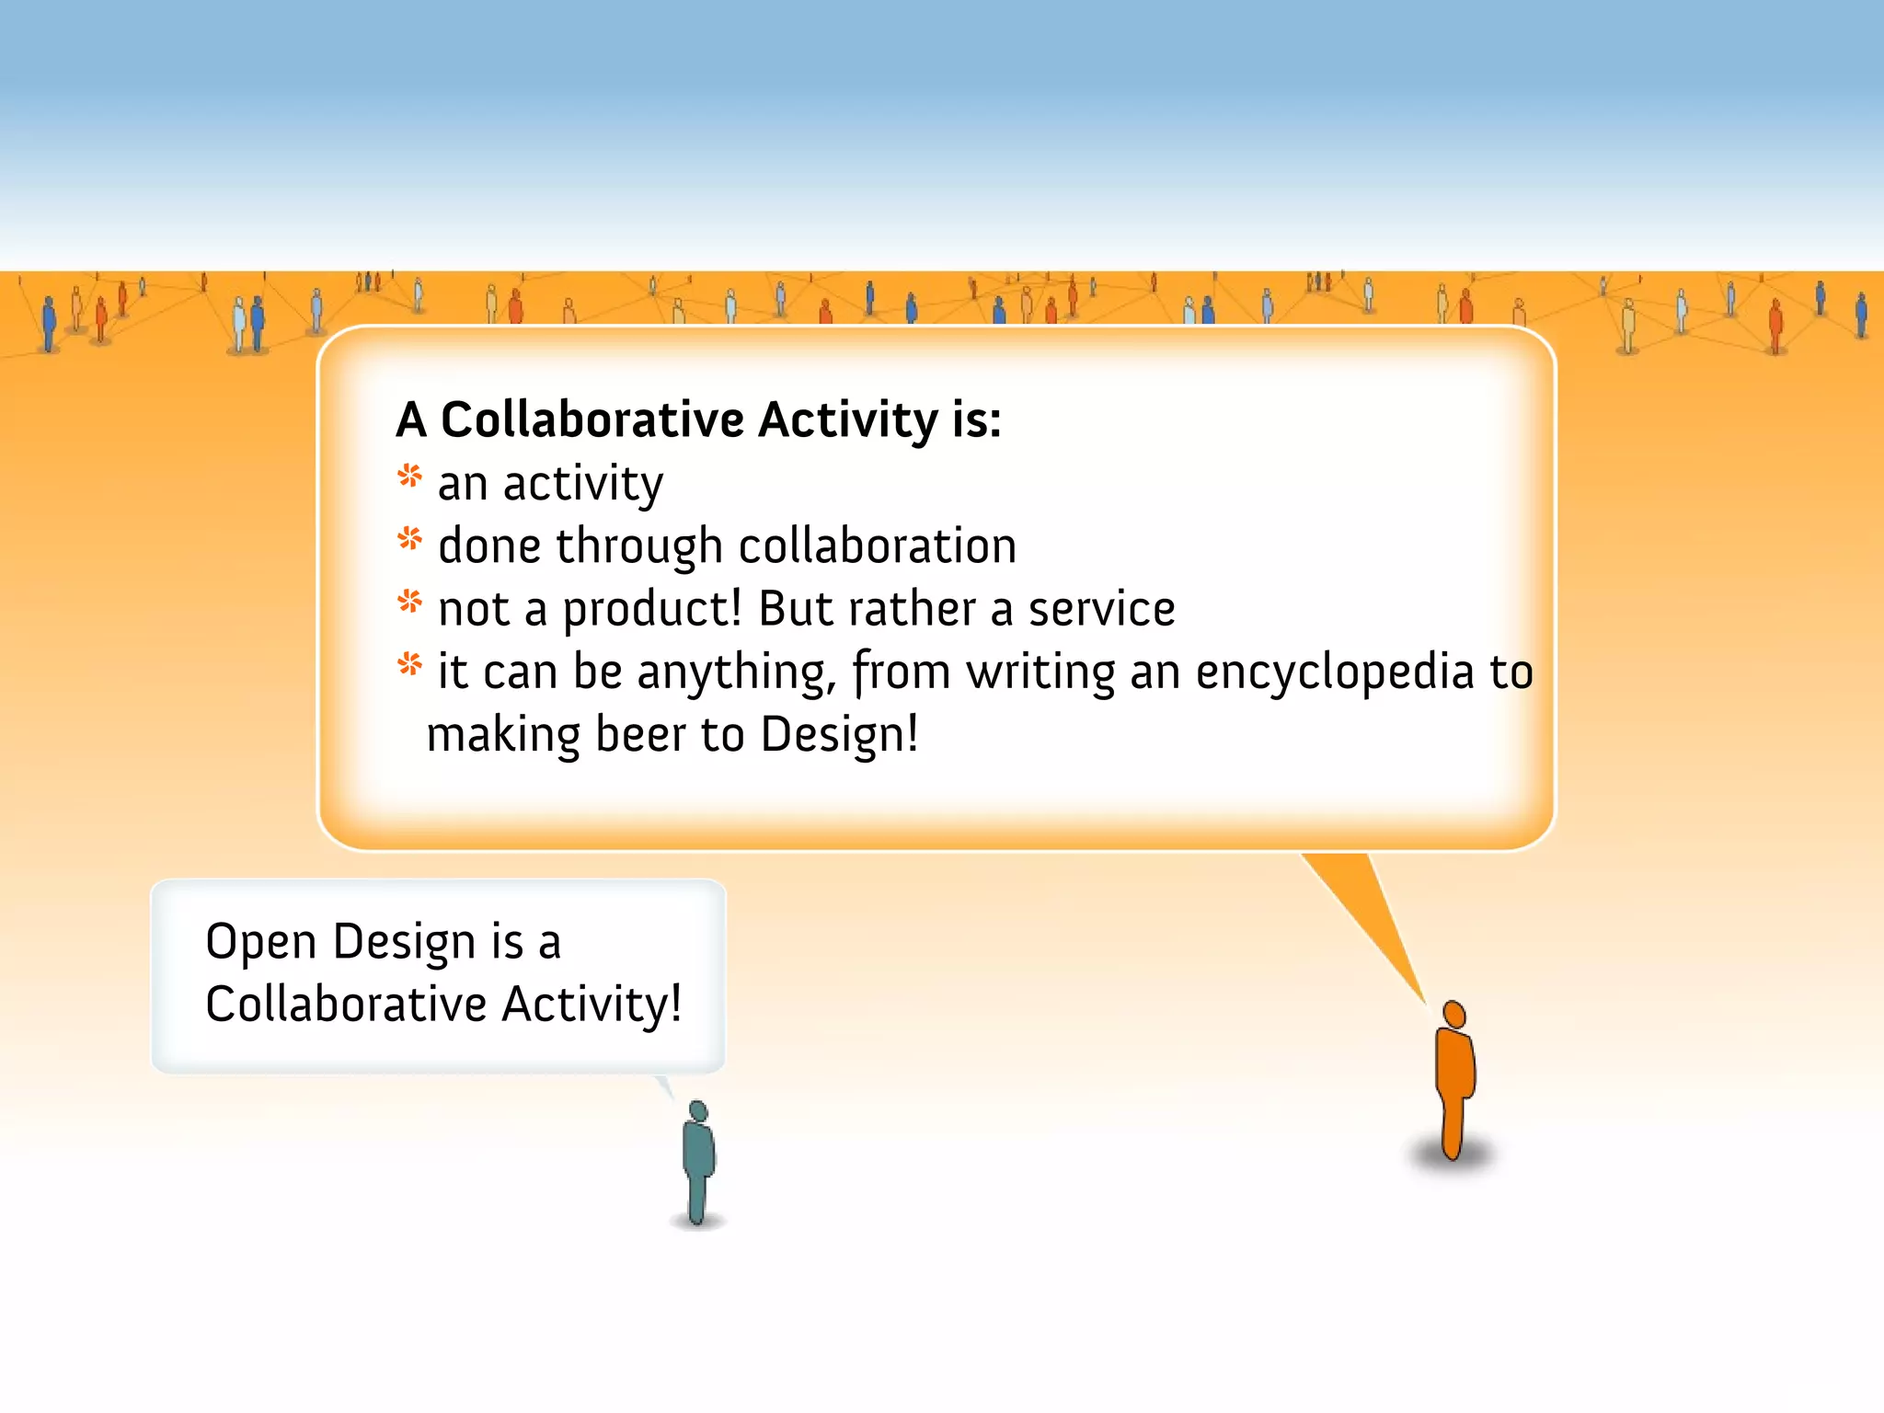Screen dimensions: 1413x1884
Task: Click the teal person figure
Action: [x=698, y=1164]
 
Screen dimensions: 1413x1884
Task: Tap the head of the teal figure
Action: [x=697, y=1111]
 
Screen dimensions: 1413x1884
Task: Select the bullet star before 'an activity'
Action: [x=409, y=477]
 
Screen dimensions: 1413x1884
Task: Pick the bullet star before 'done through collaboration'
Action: [x=409, y=539]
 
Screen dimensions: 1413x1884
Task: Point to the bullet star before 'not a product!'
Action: [x=409, y=603]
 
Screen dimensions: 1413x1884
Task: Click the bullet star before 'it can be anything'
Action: [x=409, y=664]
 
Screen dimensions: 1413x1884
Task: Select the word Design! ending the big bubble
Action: [x=839, y=734]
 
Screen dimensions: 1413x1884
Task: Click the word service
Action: [x=1101, y=609]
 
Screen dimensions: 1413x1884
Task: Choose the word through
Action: [x=638, y=547]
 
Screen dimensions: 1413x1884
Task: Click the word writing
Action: [x=1040, y=672]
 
